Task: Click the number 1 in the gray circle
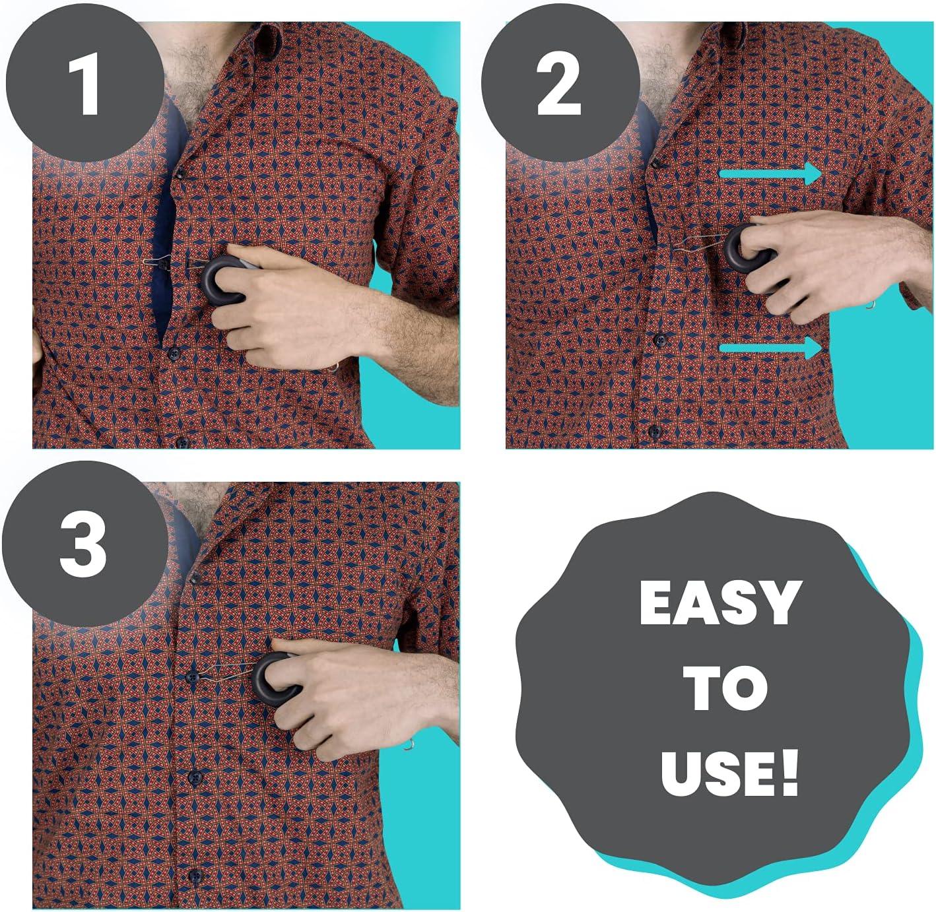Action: pos(83,84)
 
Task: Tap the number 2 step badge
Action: pos(558,84)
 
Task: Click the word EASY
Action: pos(720,603)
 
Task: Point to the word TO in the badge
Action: pos(725,688)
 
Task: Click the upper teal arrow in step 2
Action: pos(770,174)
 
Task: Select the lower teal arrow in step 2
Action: pos(770,347)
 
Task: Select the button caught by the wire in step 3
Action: pos(192,676)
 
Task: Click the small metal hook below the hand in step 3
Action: pos(409,745)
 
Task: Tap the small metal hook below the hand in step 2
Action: pos(872,304)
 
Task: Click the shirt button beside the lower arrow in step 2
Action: pos(659,340)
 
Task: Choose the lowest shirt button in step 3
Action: pos(194,876)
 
